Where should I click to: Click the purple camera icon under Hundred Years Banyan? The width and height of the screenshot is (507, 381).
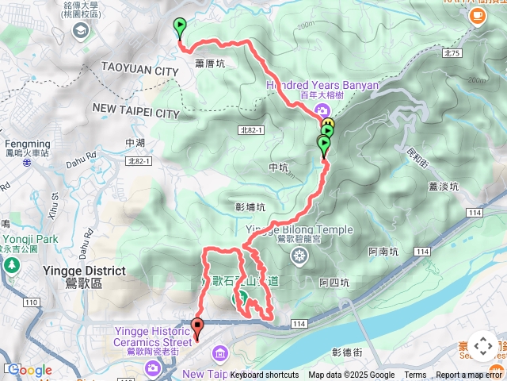pyautogui.click(x=322, y=110)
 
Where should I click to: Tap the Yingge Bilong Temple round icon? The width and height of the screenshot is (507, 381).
pyautogui.click(x=299, y=255)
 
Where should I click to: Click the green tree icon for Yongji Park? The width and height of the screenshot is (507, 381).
pyautogui.click(x=11, y=263)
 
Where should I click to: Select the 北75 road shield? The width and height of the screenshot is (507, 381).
pyautogui.click(x=452, y=53)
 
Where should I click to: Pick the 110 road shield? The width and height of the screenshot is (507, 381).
pyautogui.click(x=31, y=302)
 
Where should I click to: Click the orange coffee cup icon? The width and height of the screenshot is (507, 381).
pyautogui.click(x=478, y=18)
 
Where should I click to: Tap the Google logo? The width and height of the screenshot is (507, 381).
pyautogui.click(x=30, y=371)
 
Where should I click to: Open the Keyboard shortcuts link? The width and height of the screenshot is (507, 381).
pyautogui.click(x=265, y=375)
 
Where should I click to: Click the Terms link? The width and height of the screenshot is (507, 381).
pyautogui.click(x=415, y=375)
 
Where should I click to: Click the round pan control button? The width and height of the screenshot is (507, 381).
pyautogui.click(x=482, y=346)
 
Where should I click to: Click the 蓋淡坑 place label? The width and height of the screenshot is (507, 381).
pyautogui.click(x=444, y=187)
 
